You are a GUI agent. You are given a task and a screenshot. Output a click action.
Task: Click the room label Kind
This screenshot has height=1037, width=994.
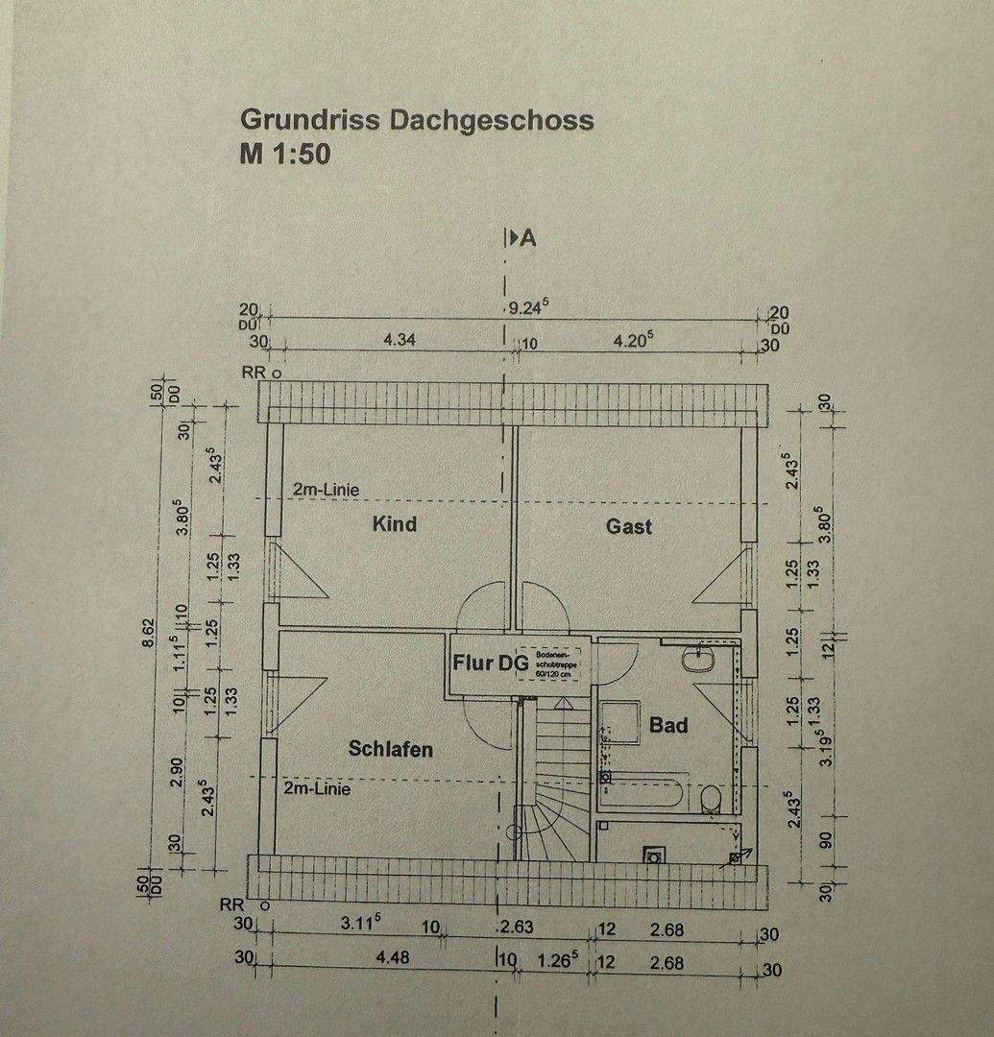point(394,524)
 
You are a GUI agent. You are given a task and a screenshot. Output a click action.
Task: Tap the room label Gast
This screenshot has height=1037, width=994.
point(629,526)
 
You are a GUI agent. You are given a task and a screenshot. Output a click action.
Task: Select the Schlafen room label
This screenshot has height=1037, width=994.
point(391,749)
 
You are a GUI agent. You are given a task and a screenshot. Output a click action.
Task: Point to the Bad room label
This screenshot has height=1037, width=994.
point(668,726)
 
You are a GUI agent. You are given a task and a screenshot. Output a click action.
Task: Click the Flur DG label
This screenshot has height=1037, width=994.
point(491,663)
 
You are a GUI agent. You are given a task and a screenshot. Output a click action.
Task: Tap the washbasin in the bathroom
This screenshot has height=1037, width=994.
point(694,660)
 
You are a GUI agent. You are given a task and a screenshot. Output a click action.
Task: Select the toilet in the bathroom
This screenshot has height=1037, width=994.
point(711,799)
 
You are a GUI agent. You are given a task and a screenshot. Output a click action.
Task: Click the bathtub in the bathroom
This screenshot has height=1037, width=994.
point(642,794)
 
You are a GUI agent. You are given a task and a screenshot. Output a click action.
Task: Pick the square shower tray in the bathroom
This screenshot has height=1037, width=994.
point(619,722)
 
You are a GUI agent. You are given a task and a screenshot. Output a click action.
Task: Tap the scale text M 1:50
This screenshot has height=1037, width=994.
point(285,154)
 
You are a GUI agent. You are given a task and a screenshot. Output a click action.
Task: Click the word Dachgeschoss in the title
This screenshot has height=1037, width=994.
point(492,121)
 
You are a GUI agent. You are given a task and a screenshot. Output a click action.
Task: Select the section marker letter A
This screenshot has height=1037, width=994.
point(527,239)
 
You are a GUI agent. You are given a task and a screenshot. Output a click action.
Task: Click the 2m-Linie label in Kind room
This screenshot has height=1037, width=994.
point(326,490)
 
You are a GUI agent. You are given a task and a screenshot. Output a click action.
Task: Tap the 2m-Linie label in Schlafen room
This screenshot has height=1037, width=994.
point(317,789)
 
